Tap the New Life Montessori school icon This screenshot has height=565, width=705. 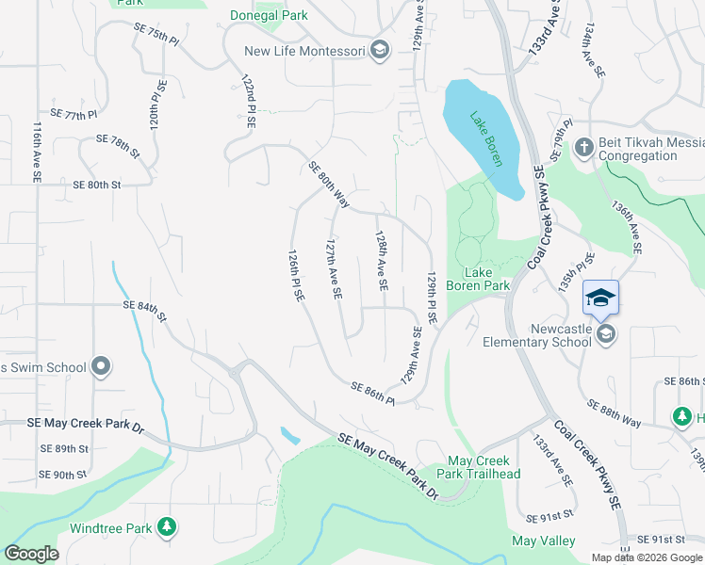point(380,51)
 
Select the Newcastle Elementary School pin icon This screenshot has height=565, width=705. point(607,333)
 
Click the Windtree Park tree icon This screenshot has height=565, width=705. point(167,526)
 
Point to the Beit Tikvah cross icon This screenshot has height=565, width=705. point(583,147)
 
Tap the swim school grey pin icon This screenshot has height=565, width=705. point(102,367)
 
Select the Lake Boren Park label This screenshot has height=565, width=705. point(478,279)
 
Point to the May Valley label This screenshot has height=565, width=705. point(536,541)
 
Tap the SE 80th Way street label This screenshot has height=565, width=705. point(329,185)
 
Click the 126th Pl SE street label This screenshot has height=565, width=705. point(296,275)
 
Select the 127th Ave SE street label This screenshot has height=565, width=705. point(333,268)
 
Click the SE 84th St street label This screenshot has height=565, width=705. point(143,309)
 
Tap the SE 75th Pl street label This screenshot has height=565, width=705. point(156,36)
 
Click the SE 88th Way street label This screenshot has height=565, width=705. point(614,412)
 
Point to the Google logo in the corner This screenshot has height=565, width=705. point(30,554)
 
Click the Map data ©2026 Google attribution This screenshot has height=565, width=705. point(647,557)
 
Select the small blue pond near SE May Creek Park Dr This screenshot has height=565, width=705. point(290,435)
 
